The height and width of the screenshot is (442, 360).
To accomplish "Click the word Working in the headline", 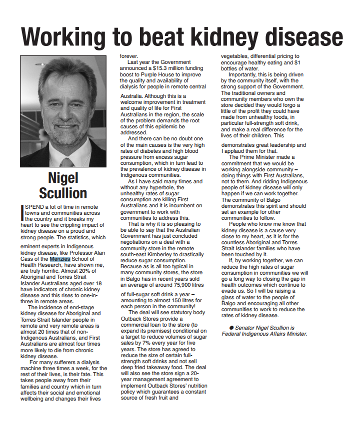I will [x=63, y=37].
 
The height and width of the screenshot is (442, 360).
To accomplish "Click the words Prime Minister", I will [x=258, y=157].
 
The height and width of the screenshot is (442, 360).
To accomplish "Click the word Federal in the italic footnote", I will [x=232, y=334].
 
